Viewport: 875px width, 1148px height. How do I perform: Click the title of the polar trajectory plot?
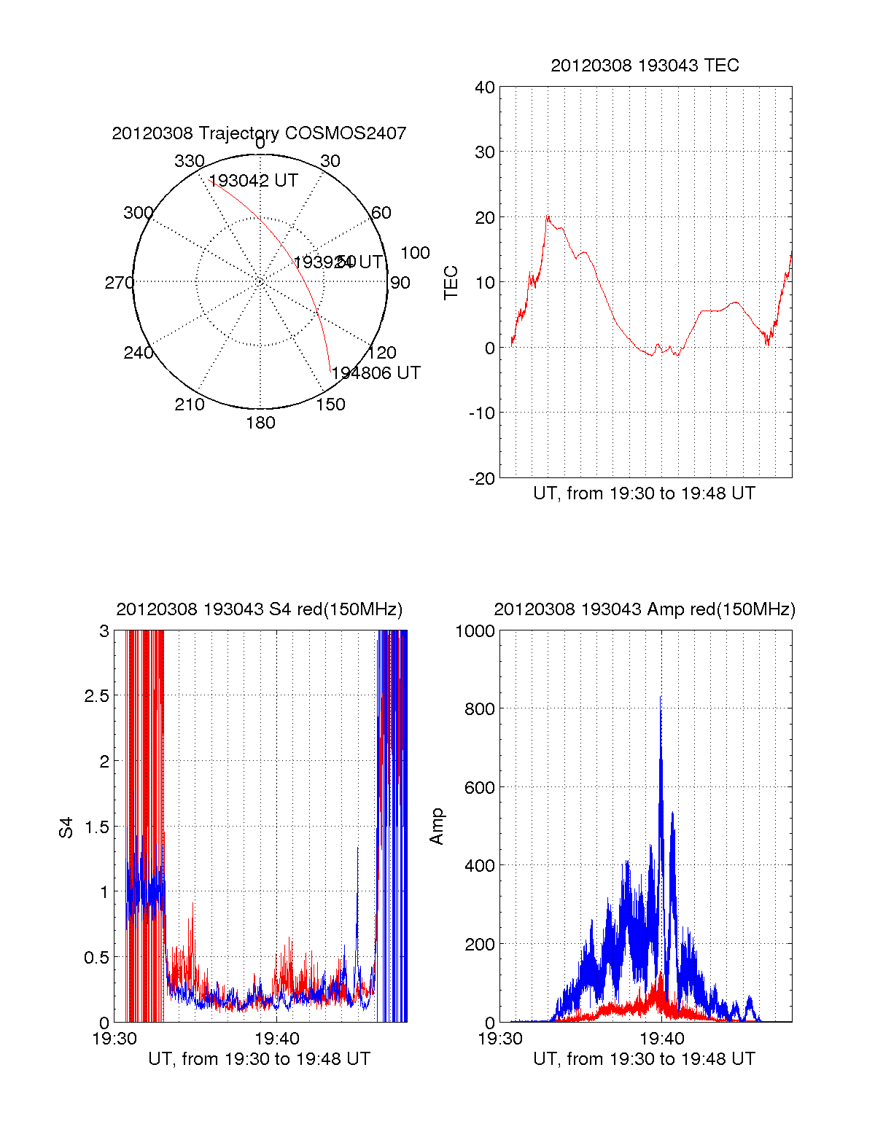(x=259, y=133)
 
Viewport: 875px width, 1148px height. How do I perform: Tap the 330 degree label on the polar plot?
(x=189, y=161)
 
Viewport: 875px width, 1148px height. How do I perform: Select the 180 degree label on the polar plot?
(x=260, y=423)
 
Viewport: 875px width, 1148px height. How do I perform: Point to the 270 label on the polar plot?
(x=119, y=283)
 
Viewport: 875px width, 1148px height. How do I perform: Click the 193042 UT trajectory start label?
(x=253, y=181)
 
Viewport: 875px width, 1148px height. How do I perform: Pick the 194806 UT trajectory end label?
(x=376, y=373)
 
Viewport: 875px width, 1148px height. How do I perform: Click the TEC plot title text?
(x=645, y=66)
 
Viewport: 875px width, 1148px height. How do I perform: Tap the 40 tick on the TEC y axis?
(x=485, y=87)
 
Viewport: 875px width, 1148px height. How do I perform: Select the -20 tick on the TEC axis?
(x=482, y=478)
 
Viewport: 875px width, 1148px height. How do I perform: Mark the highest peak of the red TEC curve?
(x=548, y=216)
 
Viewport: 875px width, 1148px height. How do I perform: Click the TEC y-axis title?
(x=451, y=283)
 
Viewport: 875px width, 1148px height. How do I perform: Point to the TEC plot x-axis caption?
(x=645, y=493)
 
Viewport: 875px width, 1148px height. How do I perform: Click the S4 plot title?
(x=259, y=609)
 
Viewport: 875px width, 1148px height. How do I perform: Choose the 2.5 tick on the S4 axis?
(x=97, y=696)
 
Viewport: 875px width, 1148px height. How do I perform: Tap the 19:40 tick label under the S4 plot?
(x=276, y=1039)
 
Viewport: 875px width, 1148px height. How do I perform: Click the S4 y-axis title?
(x=66, y=827)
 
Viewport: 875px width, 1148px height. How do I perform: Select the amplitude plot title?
(x=645, y=609)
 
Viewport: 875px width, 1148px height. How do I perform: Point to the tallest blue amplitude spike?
(x=661, y=698)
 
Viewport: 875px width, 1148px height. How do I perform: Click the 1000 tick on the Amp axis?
(x=475, y=631)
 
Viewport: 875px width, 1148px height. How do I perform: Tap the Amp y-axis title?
(x=437, y=827)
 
